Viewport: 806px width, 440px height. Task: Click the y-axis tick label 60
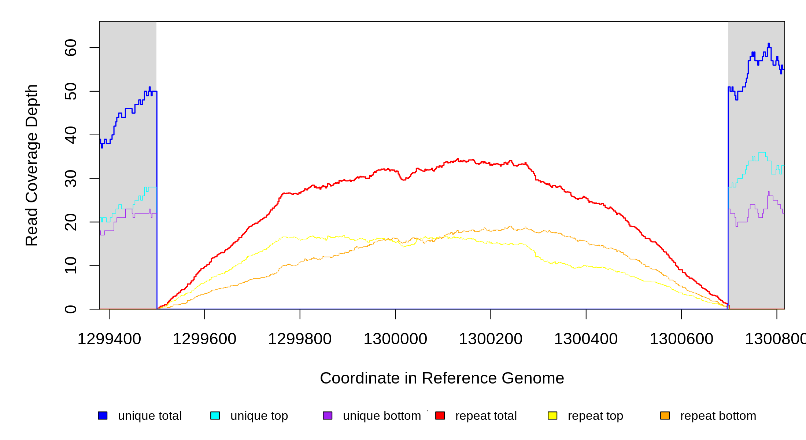(x=70, y=48)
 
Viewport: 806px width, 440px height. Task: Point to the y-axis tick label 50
(x=70, y=91)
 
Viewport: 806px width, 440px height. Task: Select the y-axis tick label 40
(x=70, y=135)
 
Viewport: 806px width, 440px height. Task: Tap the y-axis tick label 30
(x=70, y=179)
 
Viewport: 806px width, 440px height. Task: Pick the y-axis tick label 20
(x=70, y=222)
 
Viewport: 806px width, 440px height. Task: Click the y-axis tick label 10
(x=70, y=265)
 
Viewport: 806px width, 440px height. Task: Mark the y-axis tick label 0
(x=70, y=309)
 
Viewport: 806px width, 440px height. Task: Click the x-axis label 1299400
(x=109, y=339)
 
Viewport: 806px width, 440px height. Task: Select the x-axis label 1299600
(x=204, y=339)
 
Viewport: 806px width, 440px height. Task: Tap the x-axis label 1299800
(x=300, y=339)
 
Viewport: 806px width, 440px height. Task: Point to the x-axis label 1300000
(x=395, y=339)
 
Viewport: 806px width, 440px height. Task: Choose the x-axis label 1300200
(x=491, y=339)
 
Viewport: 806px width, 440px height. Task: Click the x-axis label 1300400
(x=586, y=339)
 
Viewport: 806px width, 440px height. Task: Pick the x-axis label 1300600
(x=681, y=339)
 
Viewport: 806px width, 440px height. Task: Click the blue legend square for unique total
(x=103, y=415)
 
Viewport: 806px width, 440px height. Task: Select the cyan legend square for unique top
(x=215, y=415)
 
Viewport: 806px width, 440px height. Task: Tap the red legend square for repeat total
(x=440, y=415)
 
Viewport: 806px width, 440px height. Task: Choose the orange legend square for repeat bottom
(x=665, y=415)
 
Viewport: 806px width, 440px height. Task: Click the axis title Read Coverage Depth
(x=32, y=165)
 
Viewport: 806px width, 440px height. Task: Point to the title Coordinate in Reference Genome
(x=442, y=378)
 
